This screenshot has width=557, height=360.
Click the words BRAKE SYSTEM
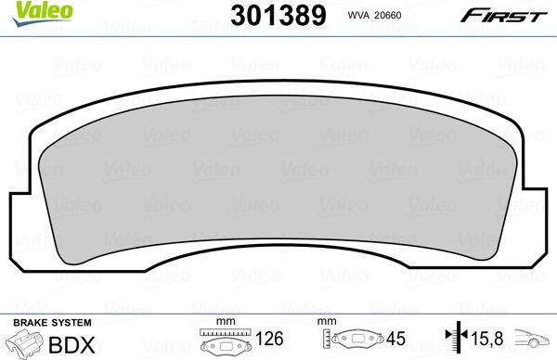pos(50,321)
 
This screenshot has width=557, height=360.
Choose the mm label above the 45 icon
pos(327,322)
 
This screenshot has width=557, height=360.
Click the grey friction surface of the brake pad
pos(278,176)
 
